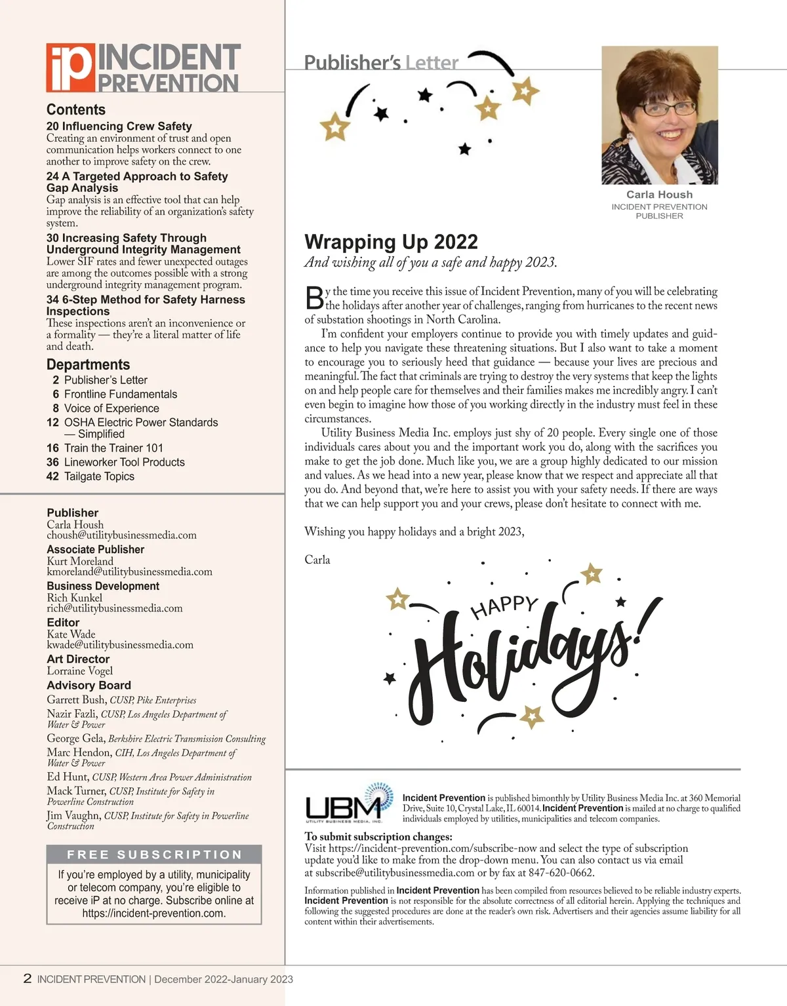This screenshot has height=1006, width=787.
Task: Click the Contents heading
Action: point(75,109)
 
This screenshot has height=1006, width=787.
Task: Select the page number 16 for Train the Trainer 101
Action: point(52,448)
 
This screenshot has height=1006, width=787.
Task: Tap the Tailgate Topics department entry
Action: point(99,476)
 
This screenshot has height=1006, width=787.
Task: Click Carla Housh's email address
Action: point(121,535)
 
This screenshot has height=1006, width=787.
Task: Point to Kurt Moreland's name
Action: point(80,561)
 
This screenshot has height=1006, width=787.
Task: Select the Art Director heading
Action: point(78,659)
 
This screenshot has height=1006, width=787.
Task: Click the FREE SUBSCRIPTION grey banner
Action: point(154,855)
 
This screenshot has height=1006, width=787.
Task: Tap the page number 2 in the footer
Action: point(27,978)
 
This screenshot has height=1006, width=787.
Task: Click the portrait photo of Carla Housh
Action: point(659,115)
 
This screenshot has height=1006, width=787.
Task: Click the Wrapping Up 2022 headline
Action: point(391,242)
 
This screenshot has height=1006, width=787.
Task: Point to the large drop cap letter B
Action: point(315,298)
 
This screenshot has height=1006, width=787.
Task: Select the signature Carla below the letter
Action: point(317,560)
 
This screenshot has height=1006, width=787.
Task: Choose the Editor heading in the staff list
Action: point(63,622)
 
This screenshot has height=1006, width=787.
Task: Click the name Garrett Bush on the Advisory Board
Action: point(76,700)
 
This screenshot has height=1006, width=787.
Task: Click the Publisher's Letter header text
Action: point(381,63)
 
